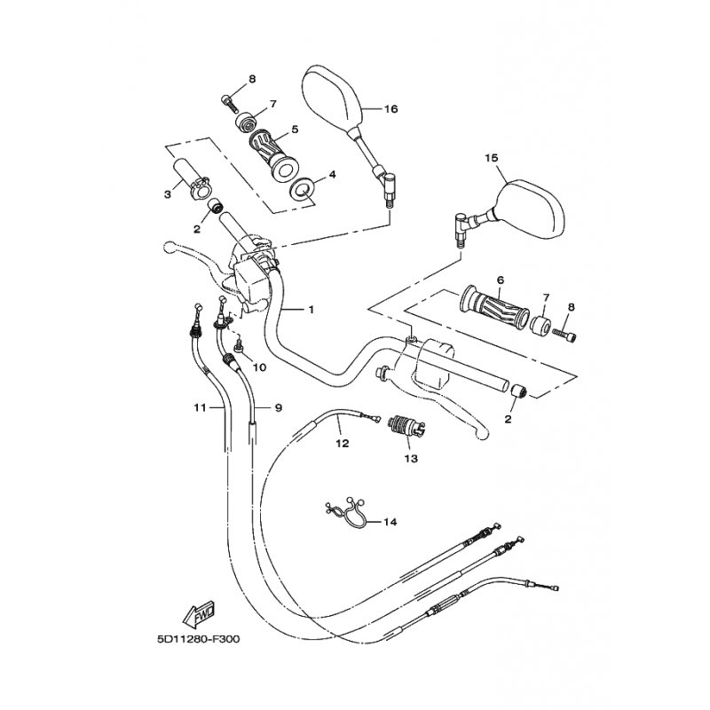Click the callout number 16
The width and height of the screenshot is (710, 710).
390,109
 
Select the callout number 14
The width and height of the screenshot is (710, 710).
390,522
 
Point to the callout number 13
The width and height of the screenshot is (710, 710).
411,459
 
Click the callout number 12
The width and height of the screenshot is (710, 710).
343,443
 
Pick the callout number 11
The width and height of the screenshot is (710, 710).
200,408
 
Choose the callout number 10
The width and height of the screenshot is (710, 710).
260,367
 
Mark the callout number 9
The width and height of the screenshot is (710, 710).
279,408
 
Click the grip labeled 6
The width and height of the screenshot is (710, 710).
494,306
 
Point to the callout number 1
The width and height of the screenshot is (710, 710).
312,309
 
